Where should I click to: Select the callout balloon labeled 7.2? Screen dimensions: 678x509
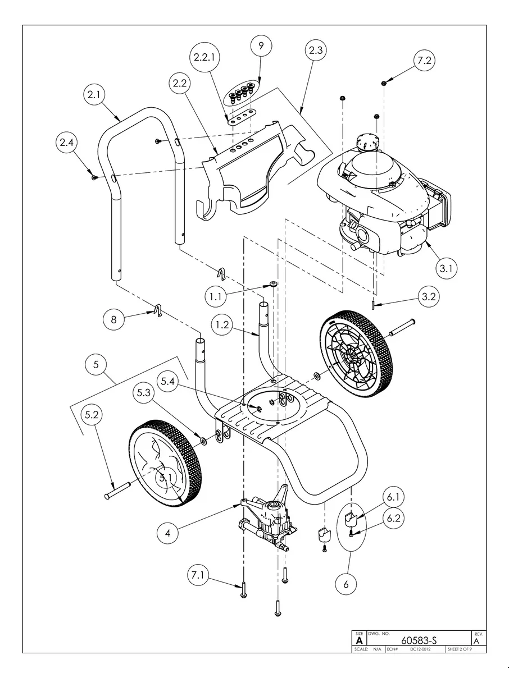point(425,59)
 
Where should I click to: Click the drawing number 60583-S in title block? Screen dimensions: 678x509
point(419,640)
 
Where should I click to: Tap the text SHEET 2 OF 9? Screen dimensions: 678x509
point(459,649)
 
